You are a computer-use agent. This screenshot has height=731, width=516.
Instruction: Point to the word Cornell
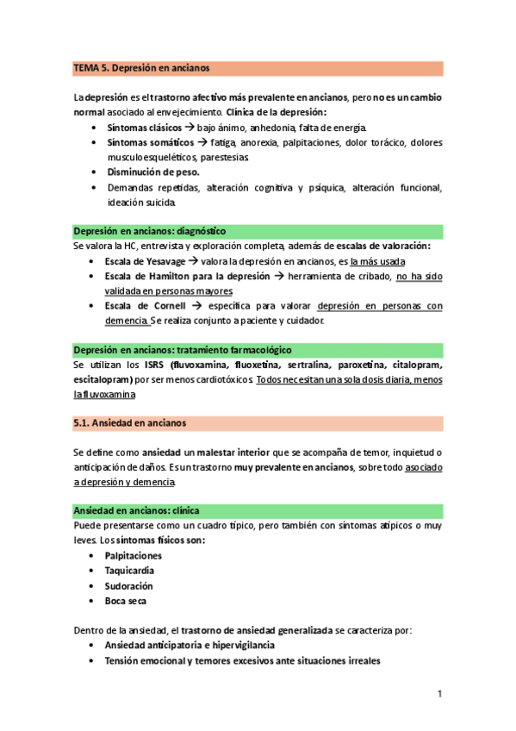(x=159, y=306)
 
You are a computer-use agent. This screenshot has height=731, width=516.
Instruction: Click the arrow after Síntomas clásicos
(x=177, y=127)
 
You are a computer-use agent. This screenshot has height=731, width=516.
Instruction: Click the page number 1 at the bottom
(x=439, y=694)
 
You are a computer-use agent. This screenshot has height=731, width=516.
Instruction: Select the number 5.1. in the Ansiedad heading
(x=84, y=423)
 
